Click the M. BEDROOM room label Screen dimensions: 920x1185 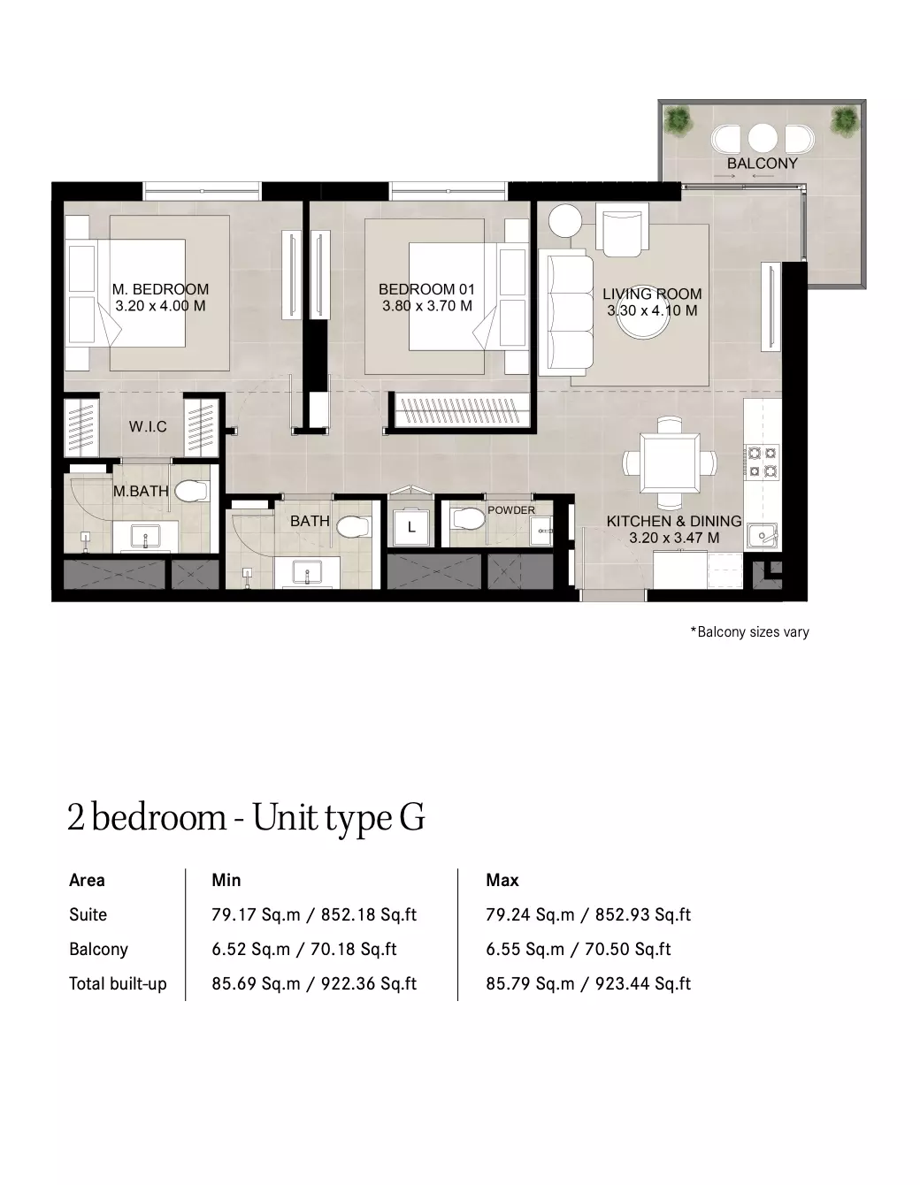(160, 289)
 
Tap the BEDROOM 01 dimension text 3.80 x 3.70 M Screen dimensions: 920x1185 (427, 306)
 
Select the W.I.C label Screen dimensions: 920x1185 (148, 426)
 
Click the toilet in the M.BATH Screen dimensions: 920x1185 (191, 490)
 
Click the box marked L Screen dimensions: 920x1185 (411, 527)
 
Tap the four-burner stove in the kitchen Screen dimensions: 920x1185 (763, 462)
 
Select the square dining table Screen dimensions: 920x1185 (670, 463)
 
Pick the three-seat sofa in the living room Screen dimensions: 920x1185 (566, 312)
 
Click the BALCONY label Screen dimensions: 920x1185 (763, 163)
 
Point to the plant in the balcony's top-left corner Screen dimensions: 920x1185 (678, 120)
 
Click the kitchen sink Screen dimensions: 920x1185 (762, 535)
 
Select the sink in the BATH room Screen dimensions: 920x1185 (308, 572)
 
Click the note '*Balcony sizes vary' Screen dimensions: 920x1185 (750, 632)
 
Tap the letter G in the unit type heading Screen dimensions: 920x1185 (412, 817)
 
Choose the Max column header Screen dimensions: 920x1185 (502, 880)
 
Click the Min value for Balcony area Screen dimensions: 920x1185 (304, 950)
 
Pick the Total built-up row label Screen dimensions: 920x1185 (118, 984)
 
